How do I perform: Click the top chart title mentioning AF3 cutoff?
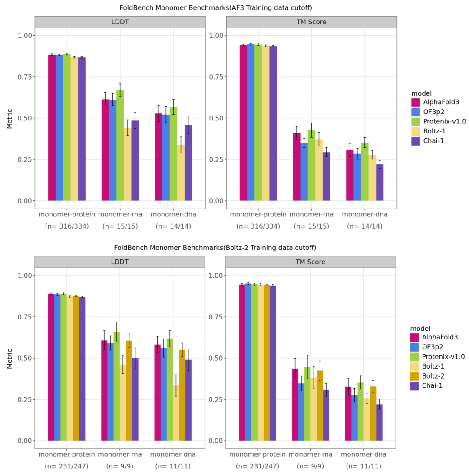point(216,7)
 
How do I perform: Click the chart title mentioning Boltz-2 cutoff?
point(215,248)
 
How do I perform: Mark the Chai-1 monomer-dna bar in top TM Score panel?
point(380,182)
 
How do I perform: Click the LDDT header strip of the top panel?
point(120,21)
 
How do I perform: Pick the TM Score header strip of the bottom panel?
point(310,262)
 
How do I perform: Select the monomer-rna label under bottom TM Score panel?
point(310,455)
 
